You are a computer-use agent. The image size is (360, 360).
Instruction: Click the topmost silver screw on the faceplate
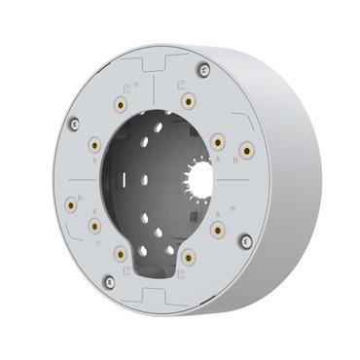click(201, 68)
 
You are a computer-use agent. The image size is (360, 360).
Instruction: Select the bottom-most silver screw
click(109, 282)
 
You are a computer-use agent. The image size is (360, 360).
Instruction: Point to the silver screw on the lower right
click(244, 236)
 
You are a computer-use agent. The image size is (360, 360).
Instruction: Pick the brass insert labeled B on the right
click(246, 149)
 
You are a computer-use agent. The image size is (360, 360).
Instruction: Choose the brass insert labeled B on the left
click(69, 204)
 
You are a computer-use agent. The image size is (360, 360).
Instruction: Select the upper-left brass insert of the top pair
click(120, 104)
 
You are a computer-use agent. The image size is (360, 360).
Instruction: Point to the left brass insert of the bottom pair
click(119, 254)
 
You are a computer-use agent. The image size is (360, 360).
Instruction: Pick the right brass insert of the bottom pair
click(187, 256)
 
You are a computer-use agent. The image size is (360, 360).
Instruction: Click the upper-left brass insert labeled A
click(94, 145)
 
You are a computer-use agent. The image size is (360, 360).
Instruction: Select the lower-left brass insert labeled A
click(94, 226)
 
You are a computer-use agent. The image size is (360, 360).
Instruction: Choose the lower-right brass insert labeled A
click(218, 230)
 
